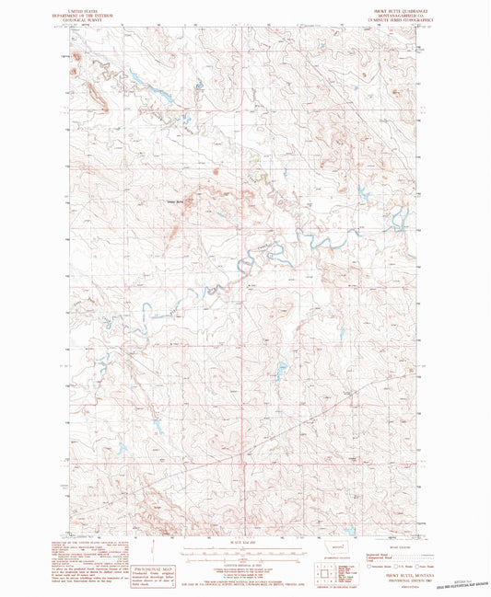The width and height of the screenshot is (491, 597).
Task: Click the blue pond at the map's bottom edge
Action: click(x=352, y=505)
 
